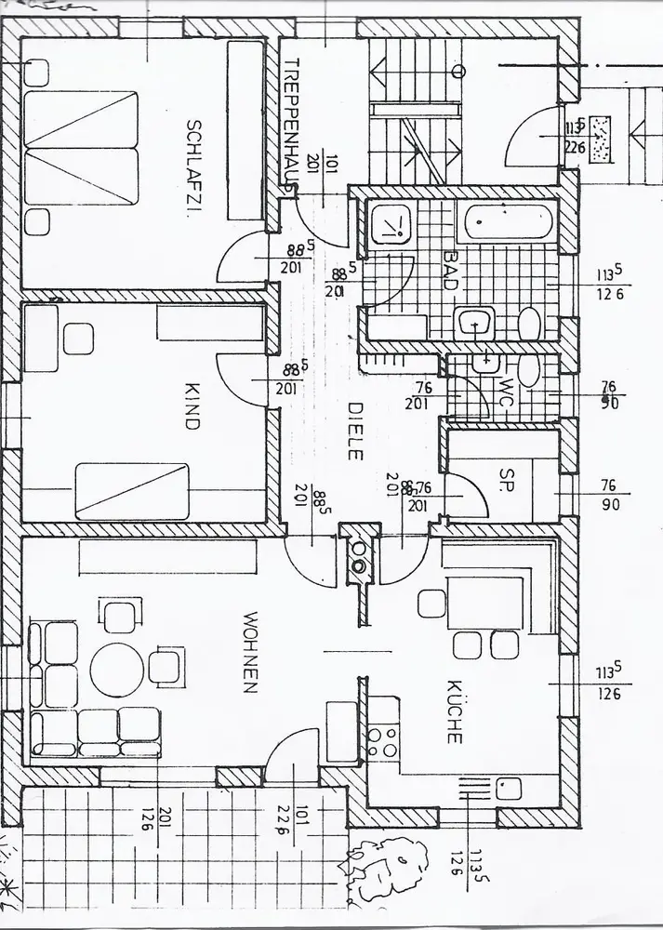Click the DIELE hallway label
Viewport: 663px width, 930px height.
click(354, 431)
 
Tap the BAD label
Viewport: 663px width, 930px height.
click(450, 270)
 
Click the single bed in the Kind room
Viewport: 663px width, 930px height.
click(131, 489)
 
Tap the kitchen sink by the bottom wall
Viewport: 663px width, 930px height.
click(508, 789)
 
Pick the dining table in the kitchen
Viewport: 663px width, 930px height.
click(484, 603)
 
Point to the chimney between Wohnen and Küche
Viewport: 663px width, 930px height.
click(358, 556)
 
